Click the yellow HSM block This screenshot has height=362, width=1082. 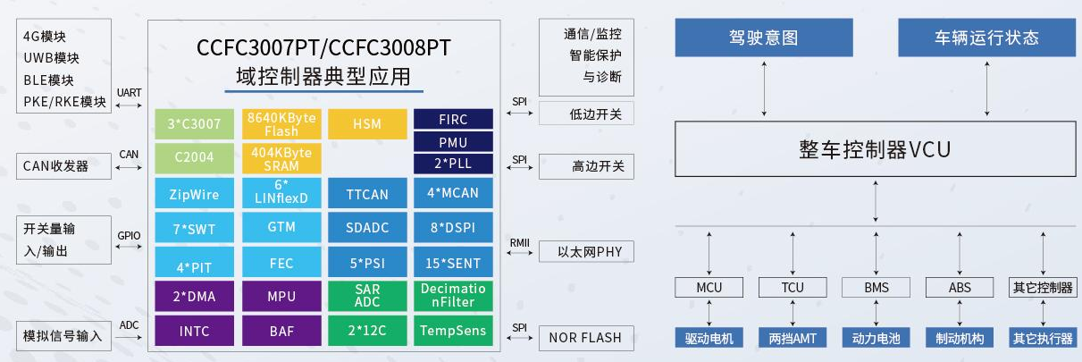coord(366,124)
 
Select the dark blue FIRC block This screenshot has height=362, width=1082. coord(453,119)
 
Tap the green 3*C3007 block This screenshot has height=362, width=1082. coord(193,124)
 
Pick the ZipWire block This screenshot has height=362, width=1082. coord(193,193)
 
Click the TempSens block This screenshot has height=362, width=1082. coord(453,330)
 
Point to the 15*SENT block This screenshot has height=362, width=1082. coord(453,263)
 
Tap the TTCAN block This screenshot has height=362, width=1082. coord(366,193)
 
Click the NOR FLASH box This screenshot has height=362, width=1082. coord(585,338)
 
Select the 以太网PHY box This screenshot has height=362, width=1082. coord(585,252)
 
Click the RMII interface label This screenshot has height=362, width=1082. coord(520,241)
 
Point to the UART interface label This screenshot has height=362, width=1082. coord(129,93)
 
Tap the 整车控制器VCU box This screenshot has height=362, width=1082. coord(875,149)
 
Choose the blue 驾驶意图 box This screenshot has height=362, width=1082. coord(764,38)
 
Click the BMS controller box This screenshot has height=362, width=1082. coord(876,288)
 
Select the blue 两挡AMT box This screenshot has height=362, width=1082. coord(792,339)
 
